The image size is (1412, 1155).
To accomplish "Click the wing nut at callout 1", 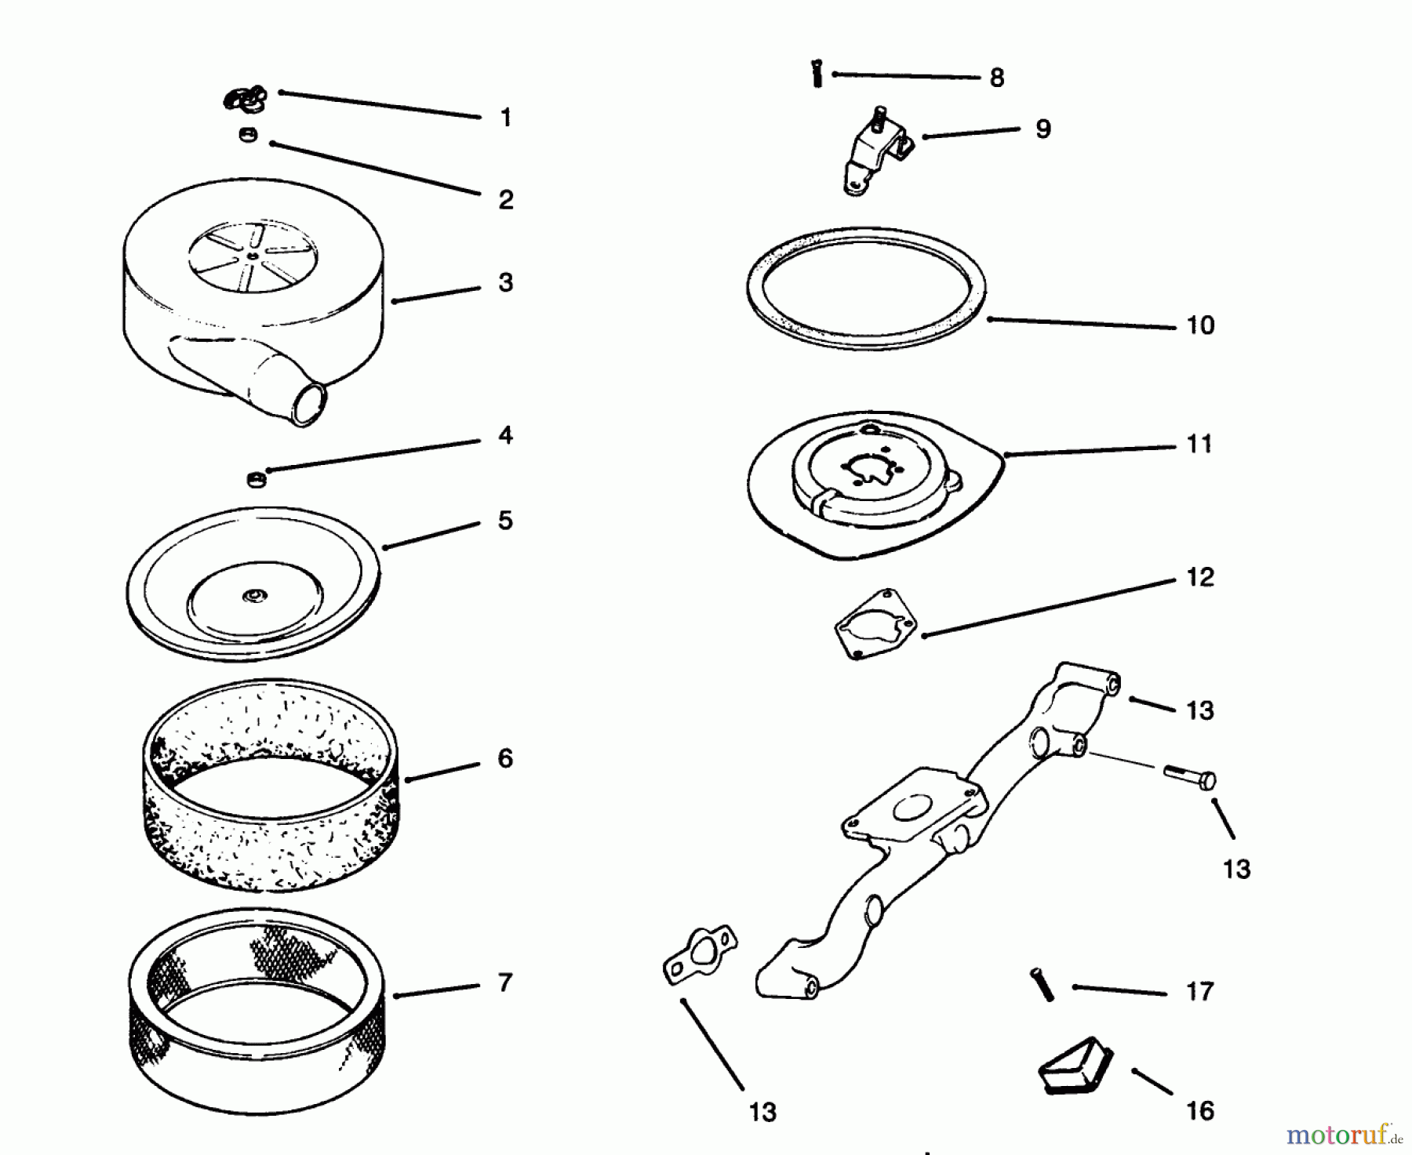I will coord(245,99).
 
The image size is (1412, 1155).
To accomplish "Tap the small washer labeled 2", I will coord(249,136).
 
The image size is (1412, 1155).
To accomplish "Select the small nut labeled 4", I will coord(257,478).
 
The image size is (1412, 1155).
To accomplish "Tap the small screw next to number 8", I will coord(817,75).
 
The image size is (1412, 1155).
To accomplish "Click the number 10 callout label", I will coord(1200,325).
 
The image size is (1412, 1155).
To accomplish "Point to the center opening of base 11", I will coord(868,468).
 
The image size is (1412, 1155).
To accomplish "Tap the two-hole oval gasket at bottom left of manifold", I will coord(700,954).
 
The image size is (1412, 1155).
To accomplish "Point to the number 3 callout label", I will coord(505,282).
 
